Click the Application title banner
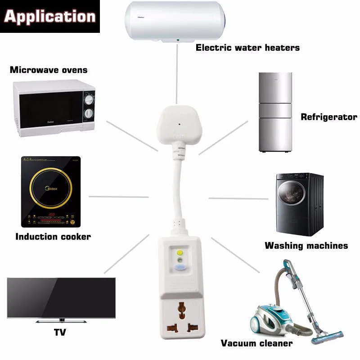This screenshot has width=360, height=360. pyautogui.click(x=50, y=17)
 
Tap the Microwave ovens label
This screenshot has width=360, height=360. pyautogui.click(x=49, y=70)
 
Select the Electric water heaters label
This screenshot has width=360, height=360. pyautogui.click(x=247, y=48)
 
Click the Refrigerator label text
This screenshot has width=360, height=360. pyautogui.click(x=329, y=117)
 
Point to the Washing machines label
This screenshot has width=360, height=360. pyautogui.click(x=306, y=246)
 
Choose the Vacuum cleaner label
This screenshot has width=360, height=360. pyautogui.click(x=256, y=343)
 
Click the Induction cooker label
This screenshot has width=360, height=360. pyautogui.click(x=53, y=237)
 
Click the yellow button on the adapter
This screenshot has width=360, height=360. pyautogui.click(x=180, y=253)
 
